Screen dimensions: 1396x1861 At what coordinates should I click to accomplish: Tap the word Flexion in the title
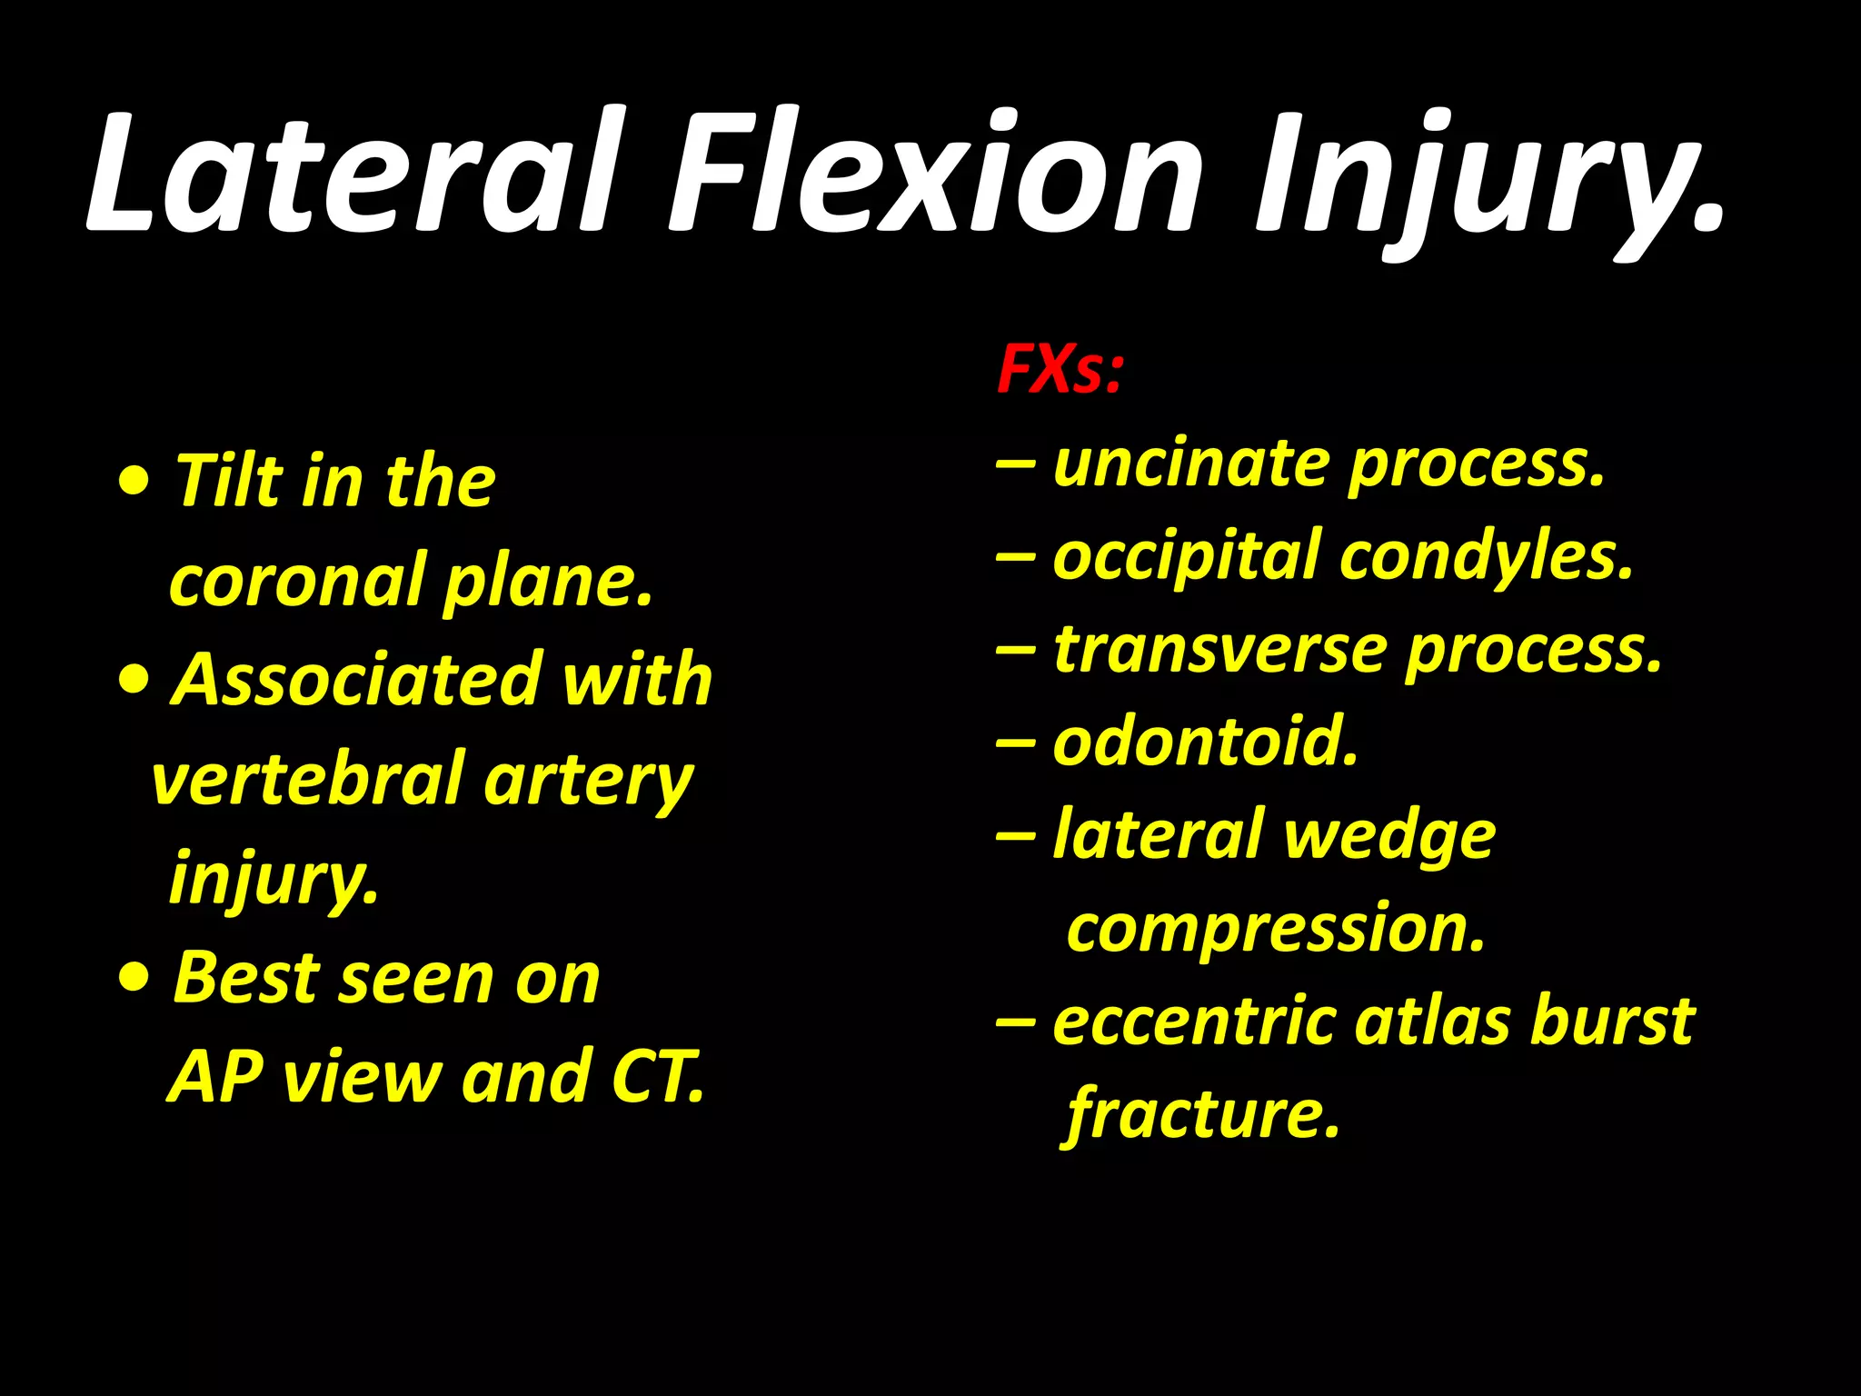936,173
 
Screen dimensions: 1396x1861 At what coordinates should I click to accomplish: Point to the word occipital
1186,557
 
